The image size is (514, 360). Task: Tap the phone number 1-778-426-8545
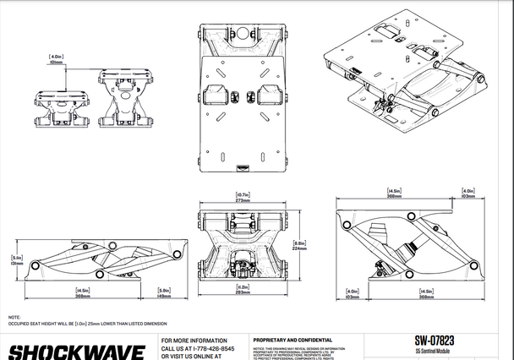[x=203, y=348]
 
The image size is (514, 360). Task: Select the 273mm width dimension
[x=244, y=201]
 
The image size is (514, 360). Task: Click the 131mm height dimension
[x=15, y=262]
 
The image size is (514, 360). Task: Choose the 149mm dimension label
[x=166, y=296]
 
